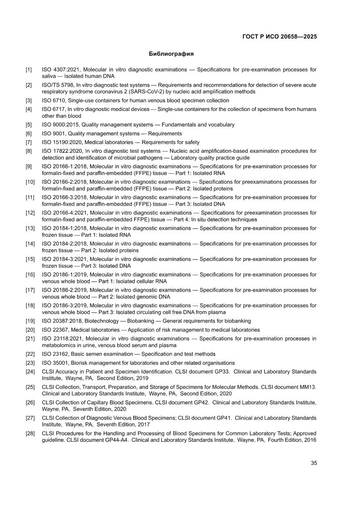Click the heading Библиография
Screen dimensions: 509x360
tap(171, 54)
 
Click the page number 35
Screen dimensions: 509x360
tap(313, 463)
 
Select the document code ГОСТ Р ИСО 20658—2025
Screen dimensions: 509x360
tap(279, 37)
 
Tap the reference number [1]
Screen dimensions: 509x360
tap(29, 70)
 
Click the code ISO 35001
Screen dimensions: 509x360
tap(54, 363)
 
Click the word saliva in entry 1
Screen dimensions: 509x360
tap(49, 76)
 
